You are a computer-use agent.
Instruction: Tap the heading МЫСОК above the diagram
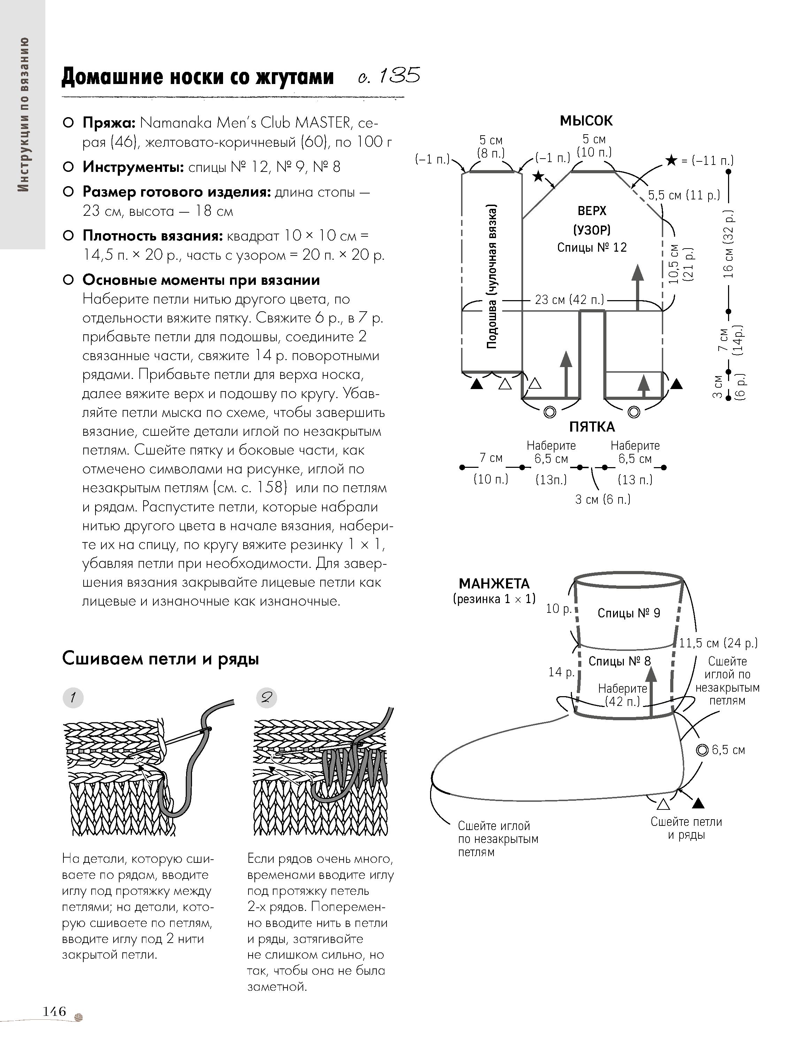[586, 121]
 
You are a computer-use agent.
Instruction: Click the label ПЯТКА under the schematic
[592, 427]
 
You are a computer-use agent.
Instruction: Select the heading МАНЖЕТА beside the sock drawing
[494, 584]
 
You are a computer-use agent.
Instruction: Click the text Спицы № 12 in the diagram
[592, 248]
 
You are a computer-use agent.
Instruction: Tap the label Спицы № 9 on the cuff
[629, 613]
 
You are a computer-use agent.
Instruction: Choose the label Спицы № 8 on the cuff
[620, 661]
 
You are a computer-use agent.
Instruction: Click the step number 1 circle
[73, 698]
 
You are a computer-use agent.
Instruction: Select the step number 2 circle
[266, 698]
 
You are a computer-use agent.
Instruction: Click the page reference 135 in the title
[399, 76]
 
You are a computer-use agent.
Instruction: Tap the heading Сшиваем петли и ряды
[161, 659]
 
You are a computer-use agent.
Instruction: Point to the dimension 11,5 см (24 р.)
[718, 643]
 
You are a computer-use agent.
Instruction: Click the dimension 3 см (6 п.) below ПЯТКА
[603, 500]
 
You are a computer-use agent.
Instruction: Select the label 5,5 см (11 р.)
[684, 195]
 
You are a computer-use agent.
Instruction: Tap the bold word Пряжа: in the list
[109, 123]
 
